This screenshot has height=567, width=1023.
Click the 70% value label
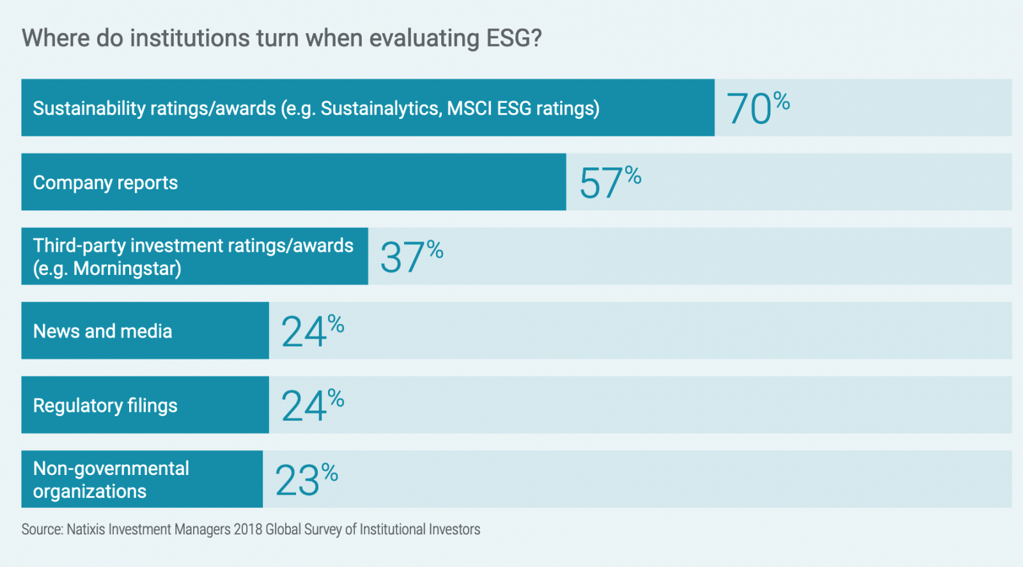758,108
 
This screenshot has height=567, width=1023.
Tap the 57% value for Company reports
610,183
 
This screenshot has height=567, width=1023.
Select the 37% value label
411,257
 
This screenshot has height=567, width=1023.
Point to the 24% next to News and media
313,331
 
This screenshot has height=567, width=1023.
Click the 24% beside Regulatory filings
313,405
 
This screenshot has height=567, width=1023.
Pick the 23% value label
306,479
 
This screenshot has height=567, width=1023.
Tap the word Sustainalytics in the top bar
380,109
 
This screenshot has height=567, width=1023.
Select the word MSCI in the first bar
469,109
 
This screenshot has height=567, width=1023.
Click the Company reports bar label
105,183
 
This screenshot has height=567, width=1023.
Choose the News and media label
102,331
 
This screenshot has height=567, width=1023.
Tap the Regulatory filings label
105,406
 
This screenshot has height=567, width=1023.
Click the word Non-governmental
111,469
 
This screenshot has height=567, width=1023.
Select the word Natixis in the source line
86,529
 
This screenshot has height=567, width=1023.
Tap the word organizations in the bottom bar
90,492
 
